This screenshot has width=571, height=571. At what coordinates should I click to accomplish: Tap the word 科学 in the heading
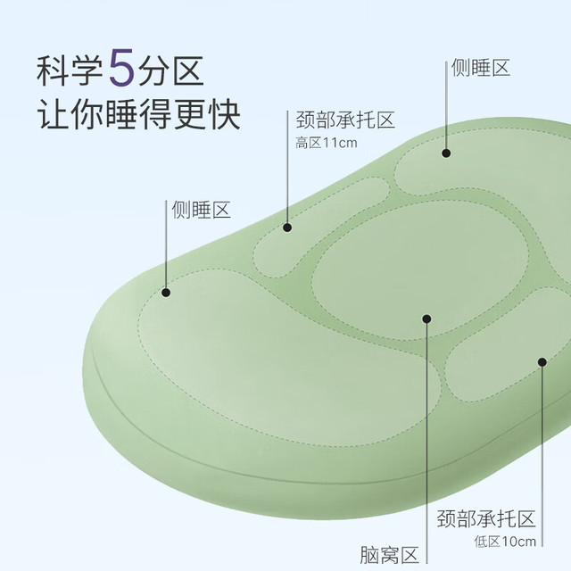coord(70,70)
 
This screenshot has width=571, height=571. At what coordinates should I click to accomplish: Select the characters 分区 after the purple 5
coord(170,70)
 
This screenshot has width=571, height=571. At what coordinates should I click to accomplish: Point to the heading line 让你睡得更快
coord(138,114)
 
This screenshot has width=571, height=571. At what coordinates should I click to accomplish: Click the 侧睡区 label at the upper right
coord(481,68)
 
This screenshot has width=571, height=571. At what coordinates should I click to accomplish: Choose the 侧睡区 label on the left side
coord(201,210)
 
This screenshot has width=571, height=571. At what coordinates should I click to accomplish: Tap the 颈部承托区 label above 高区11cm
coord(345,120)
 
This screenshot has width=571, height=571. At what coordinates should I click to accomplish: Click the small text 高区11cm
coord(327,143)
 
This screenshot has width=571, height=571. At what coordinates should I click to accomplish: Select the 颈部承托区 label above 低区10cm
coord(486,518)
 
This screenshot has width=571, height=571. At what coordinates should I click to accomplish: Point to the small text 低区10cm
coord(505,542)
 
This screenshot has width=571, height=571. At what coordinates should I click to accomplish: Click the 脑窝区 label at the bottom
coord(389,555)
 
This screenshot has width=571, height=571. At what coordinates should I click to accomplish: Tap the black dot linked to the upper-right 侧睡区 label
coord(446,153)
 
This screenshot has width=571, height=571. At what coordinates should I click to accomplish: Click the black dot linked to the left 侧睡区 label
coord(166,293)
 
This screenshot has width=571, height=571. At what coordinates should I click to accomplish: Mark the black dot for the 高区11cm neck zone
coord(287,228)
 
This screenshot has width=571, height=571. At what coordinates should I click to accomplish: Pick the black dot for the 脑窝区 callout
coord(426,319)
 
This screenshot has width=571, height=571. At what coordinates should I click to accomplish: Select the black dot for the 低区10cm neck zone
coord(542,362)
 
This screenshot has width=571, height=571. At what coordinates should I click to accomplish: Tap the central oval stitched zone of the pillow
coord(420,270)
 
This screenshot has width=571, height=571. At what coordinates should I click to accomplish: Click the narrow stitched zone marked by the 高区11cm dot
coord(320,227)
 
